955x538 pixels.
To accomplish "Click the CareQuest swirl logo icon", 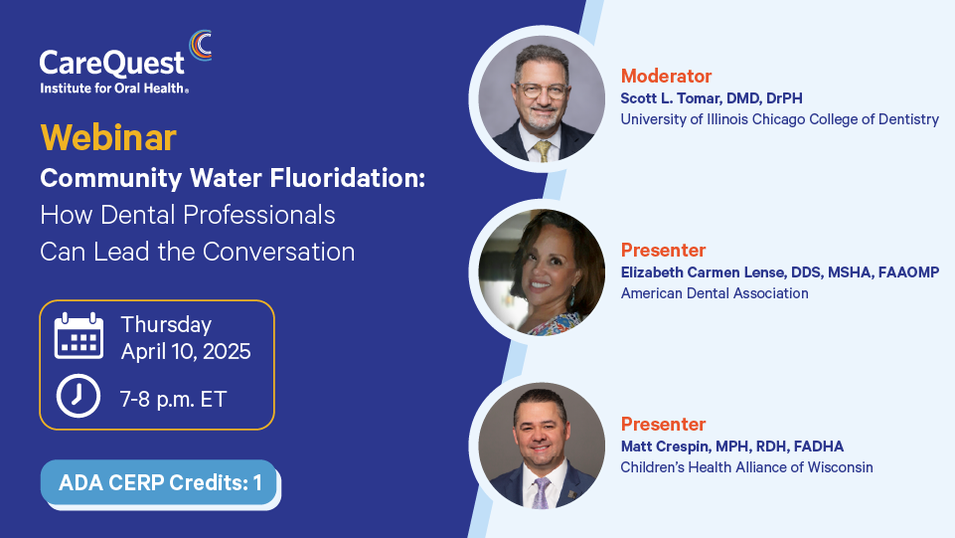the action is click(201, 46).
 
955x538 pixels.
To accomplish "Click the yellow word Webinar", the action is click(108, 137).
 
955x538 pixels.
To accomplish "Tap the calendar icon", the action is click(79, 336).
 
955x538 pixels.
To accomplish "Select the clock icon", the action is click(79, 396).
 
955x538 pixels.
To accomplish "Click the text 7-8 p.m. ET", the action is click(174, 400).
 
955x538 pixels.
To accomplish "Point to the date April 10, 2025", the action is click(186, 352).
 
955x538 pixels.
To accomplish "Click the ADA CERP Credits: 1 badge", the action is click(159, 482).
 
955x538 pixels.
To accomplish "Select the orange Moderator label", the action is click(666, 77).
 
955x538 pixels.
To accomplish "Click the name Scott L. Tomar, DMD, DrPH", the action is click(712, 98).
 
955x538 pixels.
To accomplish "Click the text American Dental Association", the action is click(715, 293).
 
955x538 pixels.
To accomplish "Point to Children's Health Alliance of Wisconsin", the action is click(746, 467).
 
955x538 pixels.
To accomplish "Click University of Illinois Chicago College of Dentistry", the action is click(779, 119).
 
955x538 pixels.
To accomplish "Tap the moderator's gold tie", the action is click(542, 150).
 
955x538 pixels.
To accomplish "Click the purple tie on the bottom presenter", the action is click(541, 492).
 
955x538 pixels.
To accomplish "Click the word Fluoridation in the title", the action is click(347, 178).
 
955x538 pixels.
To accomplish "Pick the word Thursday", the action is click(166, 325).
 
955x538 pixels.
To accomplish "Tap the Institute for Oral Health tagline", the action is click(114, 89).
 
